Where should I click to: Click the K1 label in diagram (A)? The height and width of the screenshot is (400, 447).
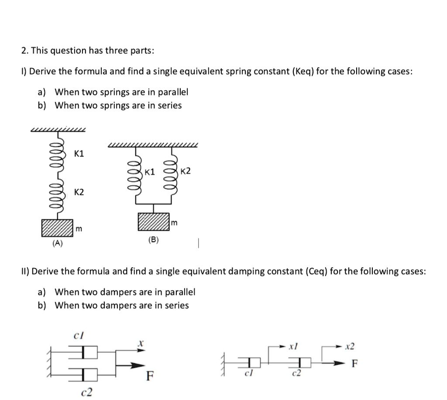(x=79, y=154)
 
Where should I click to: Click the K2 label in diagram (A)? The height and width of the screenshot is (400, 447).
(x=79, y=192)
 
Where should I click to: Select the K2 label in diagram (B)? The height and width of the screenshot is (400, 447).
(x=185, y=171)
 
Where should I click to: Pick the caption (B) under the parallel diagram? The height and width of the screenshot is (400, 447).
(x=154, y=239)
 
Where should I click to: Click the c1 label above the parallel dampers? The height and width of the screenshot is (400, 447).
(x=80, y=335)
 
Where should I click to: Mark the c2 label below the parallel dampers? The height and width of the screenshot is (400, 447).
(x=87, y=392)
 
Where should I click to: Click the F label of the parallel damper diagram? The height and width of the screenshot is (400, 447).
(x=149, y=376)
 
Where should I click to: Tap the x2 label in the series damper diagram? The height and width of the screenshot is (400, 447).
(x=350, y=347)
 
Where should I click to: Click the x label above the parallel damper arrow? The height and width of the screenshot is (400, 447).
(x=141, y=344)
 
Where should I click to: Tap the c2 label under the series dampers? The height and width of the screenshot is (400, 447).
(x=296, y=375)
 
